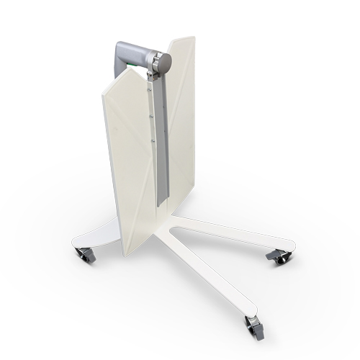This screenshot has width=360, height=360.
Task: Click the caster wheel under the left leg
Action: [84, 254]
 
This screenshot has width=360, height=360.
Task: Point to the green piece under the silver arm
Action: [132, 64]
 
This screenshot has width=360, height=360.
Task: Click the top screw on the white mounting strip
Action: [150, 86]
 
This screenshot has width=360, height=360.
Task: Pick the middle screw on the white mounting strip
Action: [151, 114]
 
